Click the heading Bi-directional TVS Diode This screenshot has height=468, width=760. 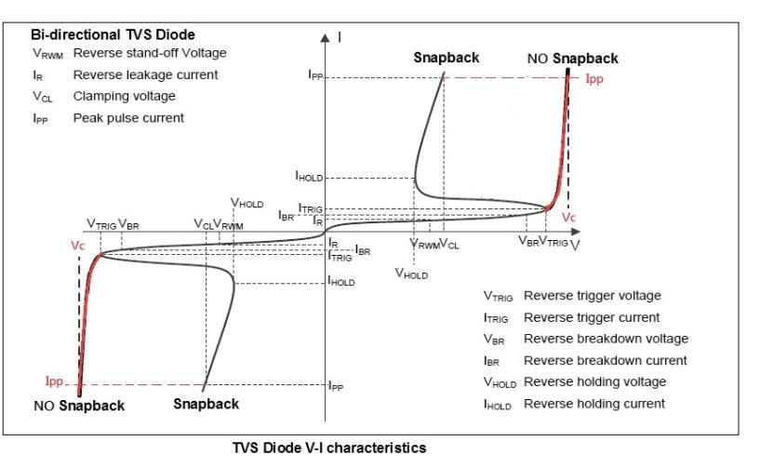click(113, 35)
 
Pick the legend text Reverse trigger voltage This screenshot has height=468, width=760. click(593, 296)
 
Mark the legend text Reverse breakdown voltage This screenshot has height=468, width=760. click(606, 339)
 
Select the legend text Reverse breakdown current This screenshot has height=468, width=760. click(605, 360)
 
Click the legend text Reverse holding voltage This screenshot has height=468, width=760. click(595, 381)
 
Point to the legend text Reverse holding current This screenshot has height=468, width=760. click(594, 404)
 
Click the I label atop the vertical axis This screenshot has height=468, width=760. click(340, 36)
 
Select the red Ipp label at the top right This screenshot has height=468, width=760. click(594, 80)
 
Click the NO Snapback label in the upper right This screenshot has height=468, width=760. click(572, 59)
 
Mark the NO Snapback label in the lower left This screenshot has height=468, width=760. click(79, 406)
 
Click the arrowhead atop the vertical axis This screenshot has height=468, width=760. click(326, 39)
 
